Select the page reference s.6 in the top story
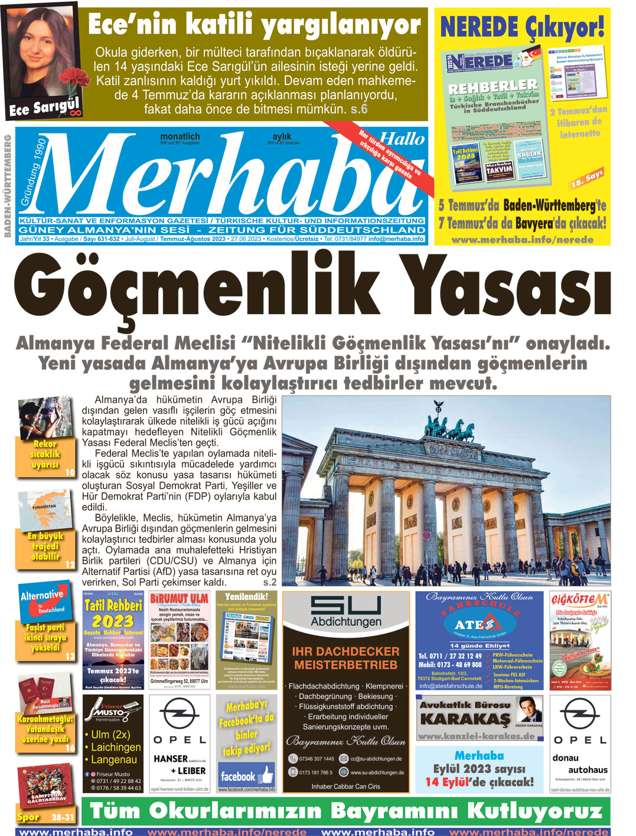click(x=358, y=109)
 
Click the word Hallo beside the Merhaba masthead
click(x=402, y=139)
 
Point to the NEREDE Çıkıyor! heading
click(x=522, y=27)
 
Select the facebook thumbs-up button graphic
click(x=266, y=774)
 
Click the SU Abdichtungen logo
click(x=345, y=612)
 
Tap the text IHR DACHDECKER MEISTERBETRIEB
click(x=345, y=658)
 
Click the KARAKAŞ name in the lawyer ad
click(x=464, y=720)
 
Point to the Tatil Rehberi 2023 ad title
click(x=113, y=613)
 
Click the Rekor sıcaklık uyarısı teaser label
click(x=45, y=454)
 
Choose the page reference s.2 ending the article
click(x=269, y=582)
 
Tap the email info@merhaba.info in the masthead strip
click(x=396, y=239)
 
